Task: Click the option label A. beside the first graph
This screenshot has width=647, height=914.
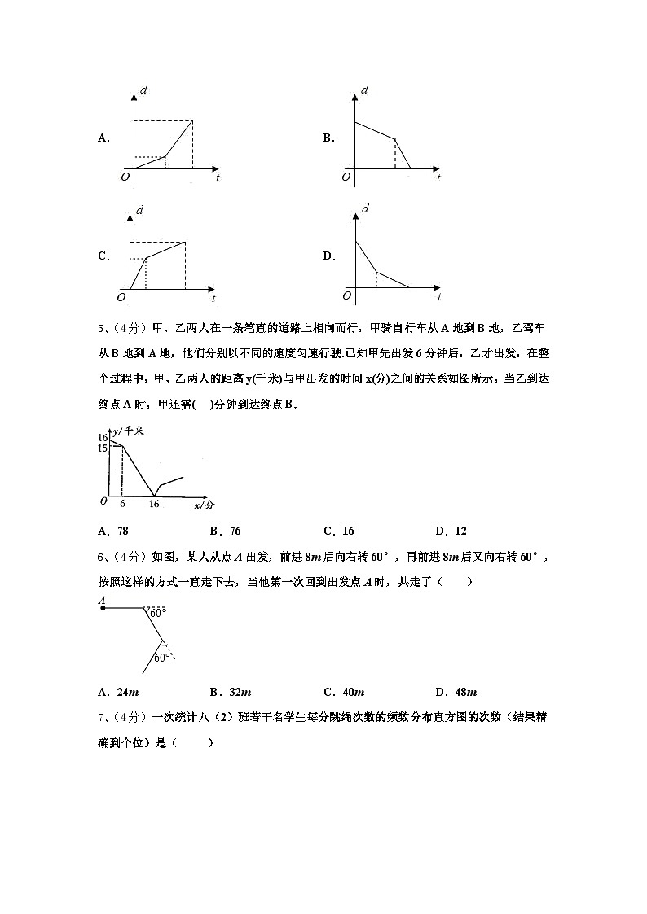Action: coord(103,138)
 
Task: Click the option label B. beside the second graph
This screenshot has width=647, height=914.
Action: coord(328,138)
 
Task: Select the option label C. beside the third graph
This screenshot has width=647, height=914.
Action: coord(103,256)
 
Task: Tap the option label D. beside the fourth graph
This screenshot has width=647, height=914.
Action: coord(329,256)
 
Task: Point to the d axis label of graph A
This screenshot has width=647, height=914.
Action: coord(143,90)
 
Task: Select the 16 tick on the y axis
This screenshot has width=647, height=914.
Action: coord(103,438)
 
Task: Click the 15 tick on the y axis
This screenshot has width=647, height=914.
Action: coord(103,448)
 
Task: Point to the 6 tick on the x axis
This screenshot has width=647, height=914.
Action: coord(122,505)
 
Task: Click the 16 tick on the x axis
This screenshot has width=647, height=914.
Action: coord(154,505)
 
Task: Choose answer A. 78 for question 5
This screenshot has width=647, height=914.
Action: coord(112,531)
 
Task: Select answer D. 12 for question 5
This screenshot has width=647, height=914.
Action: coord(451,531)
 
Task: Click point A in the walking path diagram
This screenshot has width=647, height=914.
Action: coord(103,606)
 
